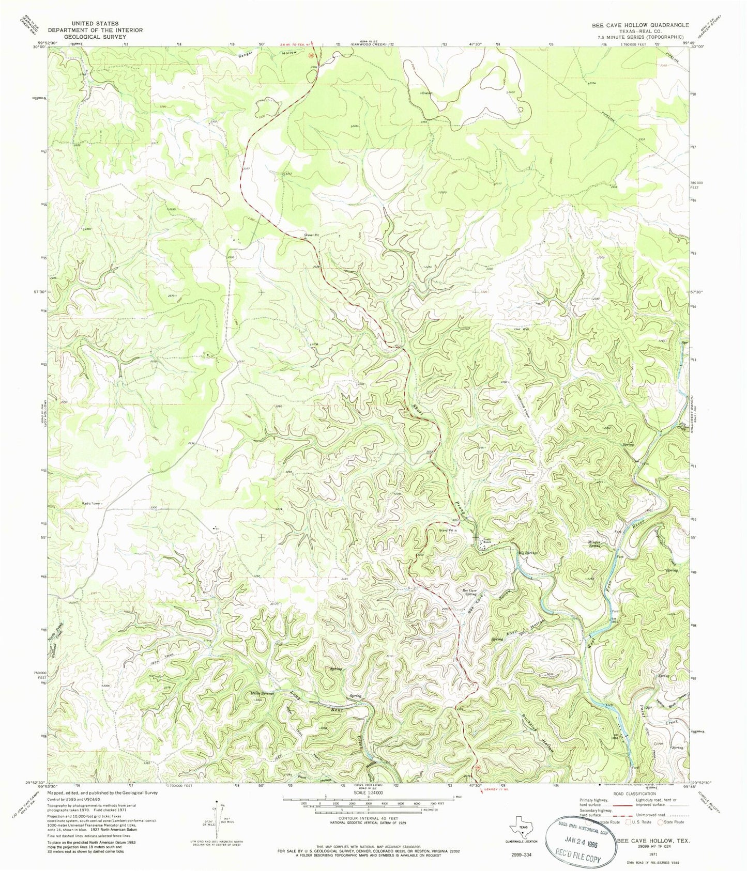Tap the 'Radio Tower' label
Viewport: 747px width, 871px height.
coord(92,503)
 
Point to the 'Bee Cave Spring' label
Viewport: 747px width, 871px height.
coord(469,592)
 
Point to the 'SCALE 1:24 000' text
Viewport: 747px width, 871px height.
coord(368,792)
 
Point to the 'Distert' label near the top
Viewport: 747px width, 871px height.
coord(426,93)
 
